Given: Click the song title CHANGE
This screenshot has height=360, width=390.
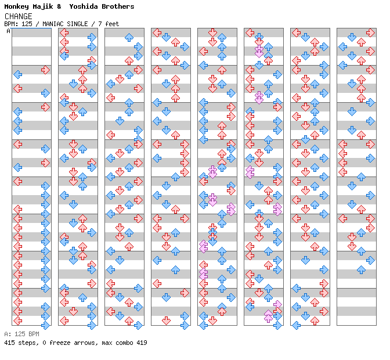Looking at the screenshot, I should (18, 16).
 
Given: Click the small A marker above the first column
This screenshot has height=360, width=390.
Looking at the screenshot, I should (9, 31).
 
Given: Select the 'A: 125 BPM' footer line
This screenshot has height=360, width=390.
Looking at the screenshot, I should (21, 334).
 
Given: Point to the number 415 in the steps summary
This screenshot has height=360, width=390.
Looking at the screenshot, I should (9, 343).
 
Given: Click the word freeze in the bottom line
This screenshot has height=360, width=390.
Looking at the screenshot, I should (59, 343).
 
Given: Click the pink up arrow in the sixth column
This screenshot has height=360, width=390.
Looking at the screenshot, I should (268, 316).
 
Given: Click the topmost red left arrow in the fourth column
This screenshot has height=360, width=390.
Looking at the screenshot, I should (157, 33).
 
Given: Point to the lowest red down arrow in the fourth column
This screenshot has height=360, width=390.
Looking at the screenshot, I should (166, 321).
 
